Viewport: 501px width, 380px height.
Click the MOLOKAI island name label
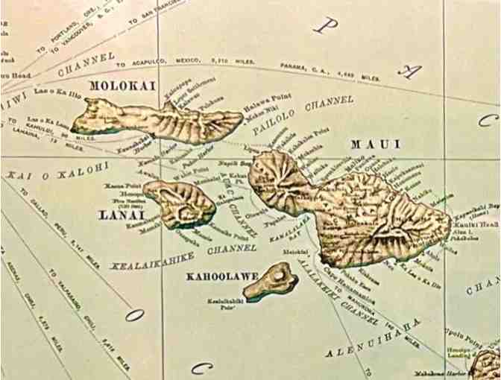(122, 86)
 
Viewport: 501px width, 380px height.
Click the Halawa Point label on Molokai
(260, 109)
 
